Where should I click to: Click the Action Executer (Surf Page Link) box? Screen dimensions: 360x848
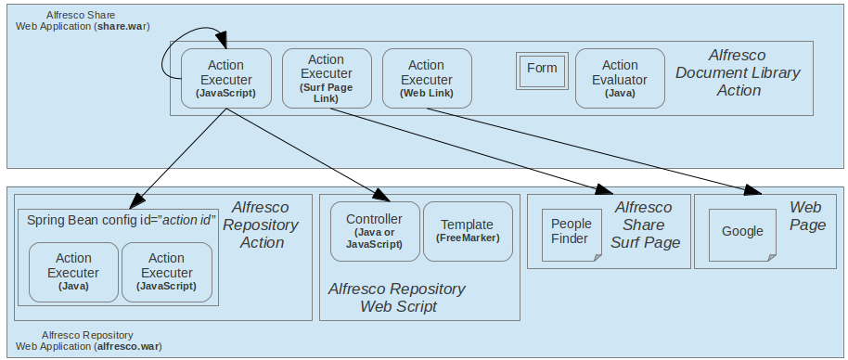pyautogui.click(x=327, y=79)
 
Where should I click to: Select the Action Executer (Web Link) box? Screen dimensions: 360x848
pyautogui.click(x=427, y=79)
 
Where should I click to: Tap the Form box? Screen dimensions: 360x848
pyautogui.click(x=542, y=69)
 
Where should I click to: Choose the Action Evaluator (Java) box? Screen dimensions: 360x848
pyautogui.click(x=620, y=79)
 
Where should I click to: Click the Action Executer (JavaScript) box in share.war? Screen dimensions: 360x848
pyautogui.click(x=225, y=79)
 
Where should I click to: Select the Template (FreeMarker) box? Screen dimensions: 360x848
pyautogui.click(x=468, y=231)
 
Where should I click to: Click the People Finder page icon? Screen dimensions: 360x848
pyautogui.click(x=571, y=232)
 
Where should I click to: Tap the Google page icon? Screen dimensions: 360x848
pyautogui.click(x=742, y=232)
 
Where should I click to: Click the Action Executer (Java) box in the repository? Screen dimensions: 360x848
pyautogui.click(x=74, y=272)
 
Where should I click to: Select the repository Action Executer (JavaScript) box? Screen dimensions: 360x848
pyautogui.click(x=167, y=272)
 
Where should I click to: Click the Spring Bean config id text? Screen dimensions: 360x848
pyautogui.click(x=121, y=220)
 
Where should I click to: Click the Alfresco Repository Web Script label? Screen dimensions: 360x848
pyautogui.click(x=396, y=297)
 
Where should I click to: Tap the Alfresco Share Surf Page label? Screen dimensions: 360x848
pyautogui.click(x=643, y=225)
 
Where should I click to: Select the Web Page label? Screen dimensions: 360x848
pyautogui.click(x=807, y=215)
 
